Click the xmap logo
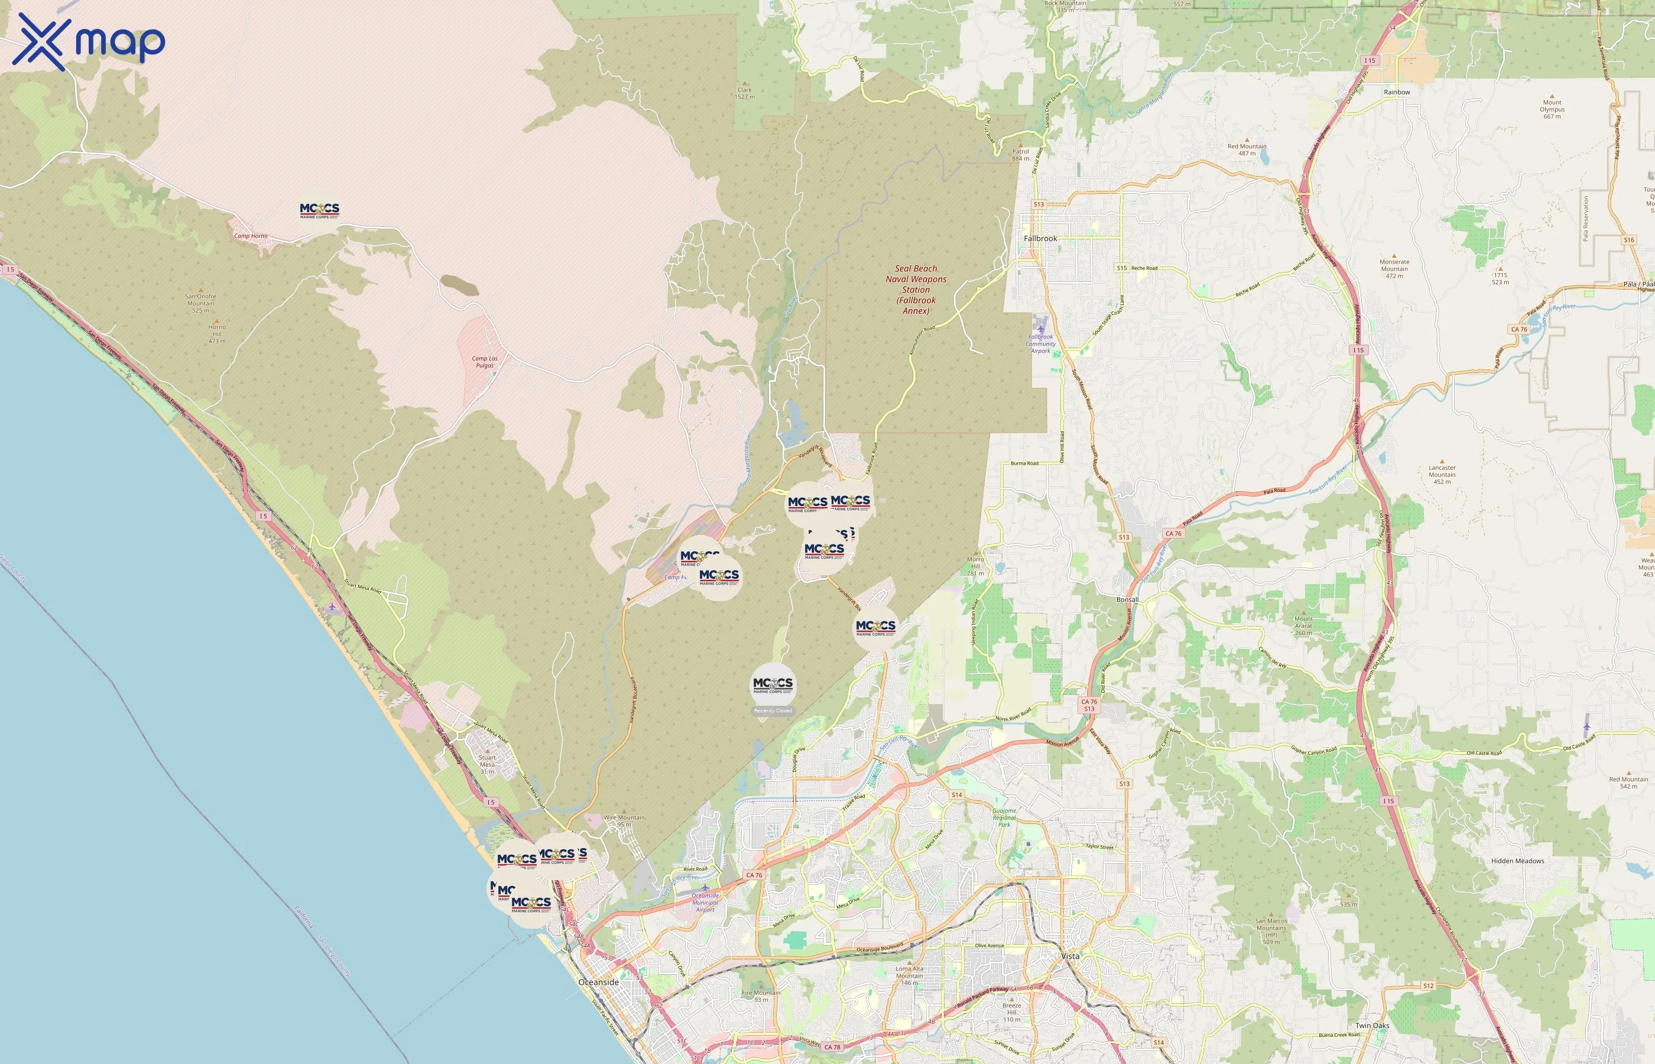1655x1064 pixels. (89, 41)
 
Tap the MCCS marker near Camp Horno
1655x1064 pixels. (319, 210)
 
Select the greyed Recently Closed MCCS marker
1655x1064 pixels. (773, 685)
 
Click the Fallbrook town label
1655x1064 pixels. (1040, 238)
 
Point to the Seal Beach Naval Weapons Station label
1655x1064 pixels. (916, 290)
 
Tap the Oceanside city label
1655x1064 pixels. (598, 982)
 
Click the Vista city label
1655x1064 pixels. (1070, 956)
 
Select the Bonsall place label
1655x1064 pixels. (1127, 600)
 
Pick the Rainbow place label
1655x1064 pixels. (1397, 92)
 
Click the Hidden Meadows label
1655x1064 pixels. (1517, 861)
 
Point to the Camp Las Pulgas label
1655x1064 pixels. (484, 361)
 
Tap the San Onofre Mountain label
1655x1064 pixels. (200, 303)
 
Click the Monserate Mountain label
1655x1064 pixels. (1394, 268)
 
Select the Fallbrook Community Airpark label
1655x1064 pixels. (1040, 343)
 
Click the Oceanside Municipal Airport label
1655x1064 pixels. (705, 902)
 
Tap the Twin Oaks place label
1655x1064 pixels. (1372, 1026)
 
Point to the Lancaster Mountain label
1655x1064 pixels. (1442, 474)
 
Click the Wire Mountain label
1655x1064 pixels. (624, 820)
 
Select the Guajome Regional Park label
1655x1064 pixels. (1004, 818)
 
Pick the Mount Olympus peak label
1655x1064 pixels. (1552, 109)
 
